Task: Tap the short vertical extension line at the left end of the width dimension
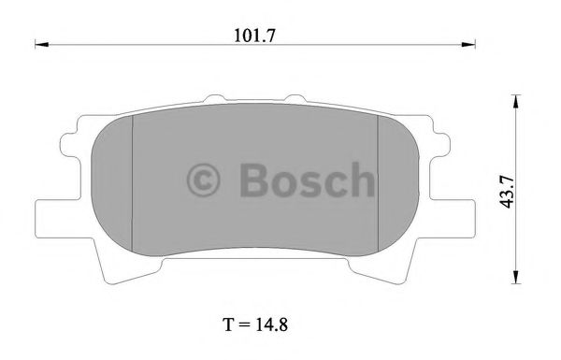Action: [x=35, y=42]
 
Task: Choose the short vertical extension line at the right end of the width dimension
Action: [x=476, y=42]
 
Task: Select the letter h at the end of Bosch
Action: [x=360, y=178]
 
